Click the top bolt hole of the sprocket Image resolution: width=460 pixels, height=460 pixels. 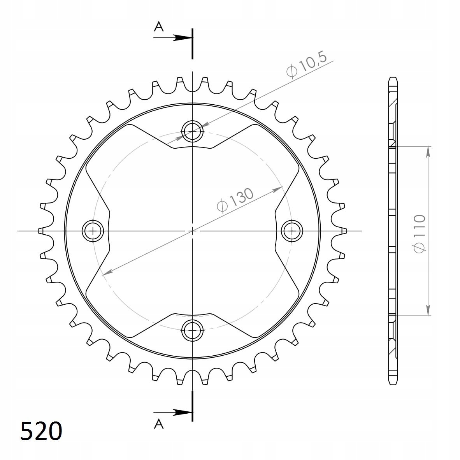click(193, 131)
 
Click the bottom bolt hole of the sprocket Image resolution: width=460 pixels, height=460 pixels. click(193, 330)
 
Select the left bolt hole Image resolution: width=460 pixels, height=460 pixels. click(93, 231)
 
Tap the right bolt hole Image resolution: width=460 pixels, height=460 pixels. click(292, 231)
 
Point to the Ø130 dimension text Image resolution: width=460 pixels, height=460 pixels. click(235, 200)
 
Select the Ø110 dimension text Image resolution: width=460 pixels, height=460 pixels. click(419, 234)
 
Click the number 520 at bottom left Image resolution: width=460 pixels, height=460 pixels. click(41, 431)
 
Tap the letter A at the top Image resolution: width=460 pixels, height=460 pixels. click(159, 27)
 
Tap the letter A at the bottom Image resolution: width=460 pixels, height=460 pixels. click(159, 424)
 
